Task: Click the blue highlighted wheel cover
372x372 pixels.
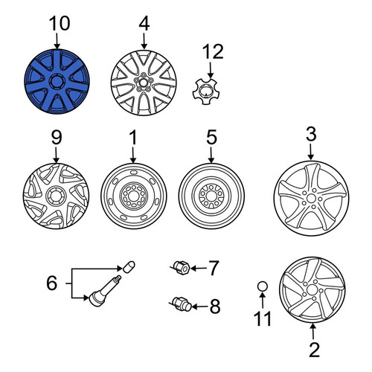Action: (57, 82)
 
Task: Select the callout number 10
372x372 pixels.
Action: (60, 24)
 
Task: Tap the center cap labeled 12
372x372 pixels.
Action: (205, 91)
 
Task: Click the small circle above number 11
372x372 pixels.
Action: (263, 286)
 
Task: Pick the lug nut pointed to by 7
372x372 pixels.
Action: (182, 268)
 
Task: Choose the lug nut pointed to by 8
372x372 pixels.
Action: (182, 304)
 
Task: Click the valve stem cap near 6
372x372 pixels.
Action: (129, 266)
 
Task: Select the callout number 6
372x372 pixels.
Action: (52, 283)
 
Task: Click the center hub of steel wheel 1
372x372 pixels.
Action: (133, 196)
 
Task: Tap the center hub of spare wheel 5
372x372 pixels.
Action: (211, 196)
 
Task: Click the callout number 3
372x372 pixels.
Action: (311, 134)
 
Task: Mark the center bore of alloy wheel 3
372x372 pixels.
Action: (311, 199)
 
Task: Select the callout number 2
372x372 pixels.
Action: (314, 350)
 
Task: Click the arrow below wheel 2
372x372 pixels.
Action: (313, 332)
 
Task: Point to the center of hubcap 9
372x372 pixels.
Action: (57, 196)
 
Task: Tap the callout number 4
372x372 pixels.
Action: (144, 24)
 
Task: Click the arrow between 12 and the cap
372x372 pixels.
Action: (211, 70)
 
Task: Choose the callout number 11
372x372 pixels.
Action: (263, 318)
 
